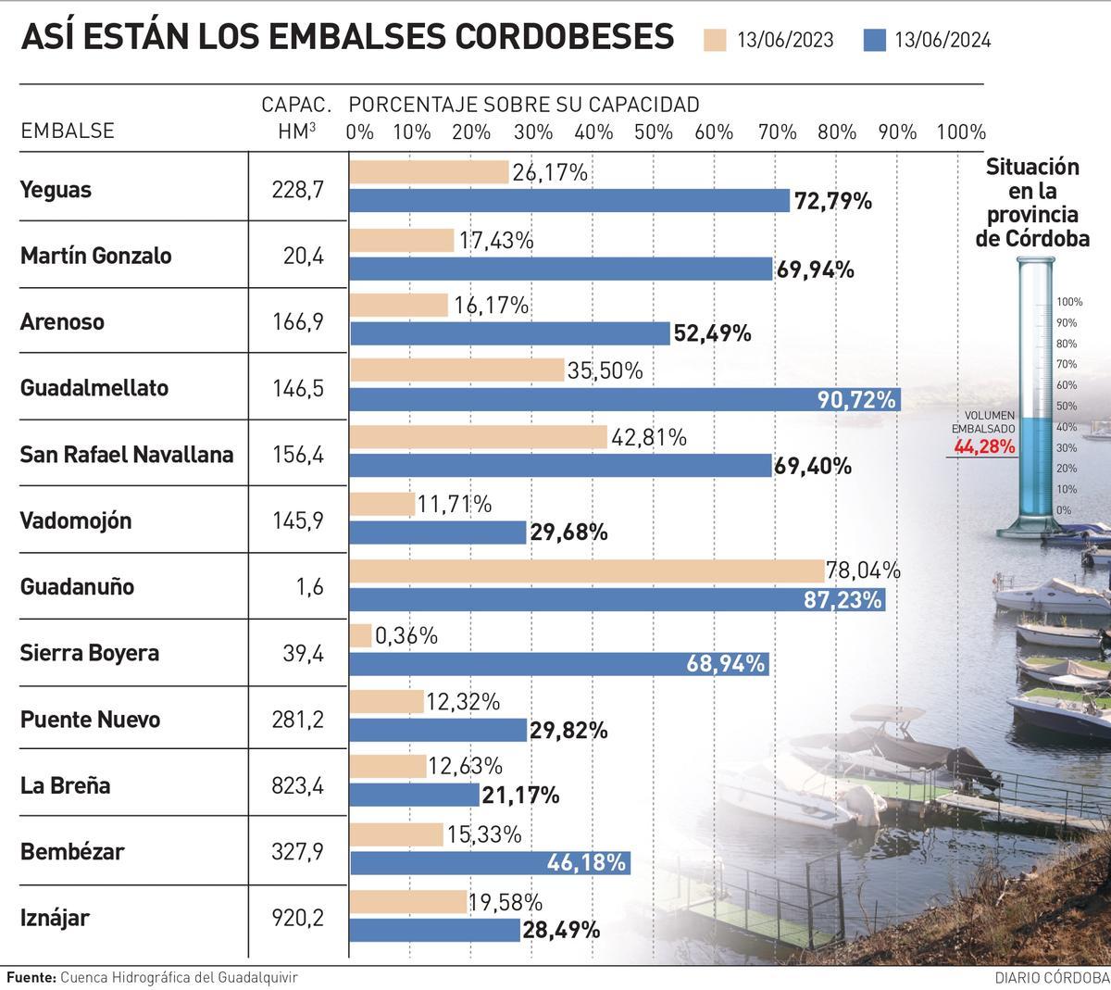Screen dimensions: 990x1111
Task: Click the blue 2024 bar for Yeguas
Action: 569,201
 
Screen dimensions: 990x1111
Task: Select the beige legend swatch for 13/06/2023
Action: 716,40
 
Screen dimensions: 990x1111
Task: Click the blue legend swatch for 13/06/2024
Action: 875,40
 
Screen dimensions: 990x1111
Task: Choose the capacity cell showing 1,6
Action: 312,586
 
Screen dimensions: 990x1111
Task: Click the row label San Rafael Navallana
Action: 127,455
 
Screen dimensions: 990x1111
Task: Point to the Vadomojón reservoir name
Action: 76,520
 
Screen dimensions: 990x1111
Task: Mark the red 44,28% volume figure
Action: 985,447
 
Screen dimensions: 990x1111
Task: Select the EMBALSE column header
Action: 68,131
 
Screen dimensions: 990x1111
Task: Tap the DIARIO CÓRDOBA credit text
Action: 1051,978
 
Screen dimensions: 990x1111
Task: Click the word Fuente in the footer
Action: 31,977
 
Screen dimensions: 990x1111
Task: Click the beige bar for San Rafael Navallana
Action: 478,438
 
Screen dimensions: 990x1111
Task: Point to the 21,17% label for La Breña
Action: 520,796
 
